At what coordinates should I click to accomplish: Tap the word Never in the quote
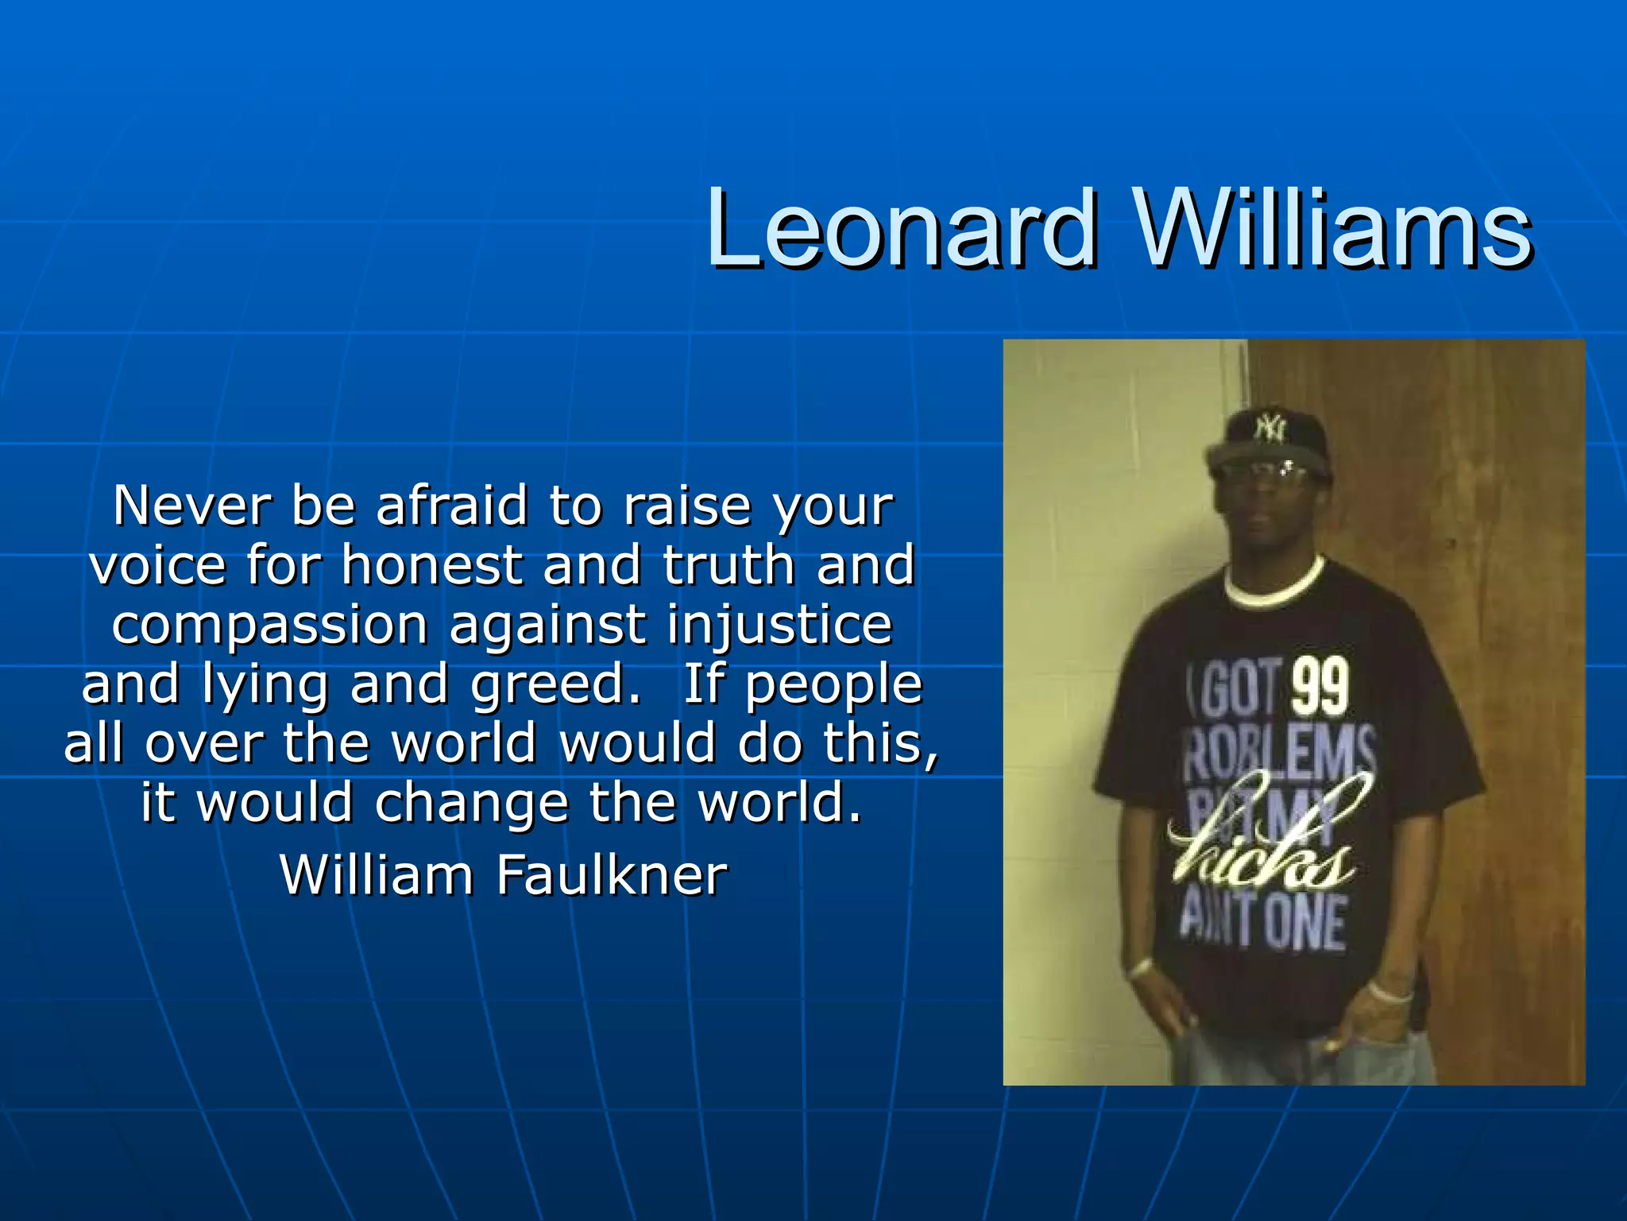pos(193,506)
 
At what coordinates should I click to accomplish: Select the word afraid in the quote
pos(451,506)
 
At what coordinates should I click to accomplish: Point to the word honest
pos(431,565)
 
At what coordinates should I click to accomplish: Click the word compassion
pos(270,625)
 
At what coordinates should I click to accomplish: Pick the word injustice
pos(779,625)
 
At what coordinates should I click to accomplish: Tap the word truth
pos(728,565)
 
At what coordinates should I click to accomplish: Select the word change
pos(472,803)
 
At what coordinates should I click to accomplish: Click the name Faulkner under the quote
pos(612,875)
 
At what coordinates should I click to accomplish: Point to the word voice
pos(158,565)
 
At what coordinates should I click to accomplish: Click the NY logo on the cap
pos(1270,429)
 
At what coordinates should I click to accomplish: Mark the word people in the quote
pos(833,684)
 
